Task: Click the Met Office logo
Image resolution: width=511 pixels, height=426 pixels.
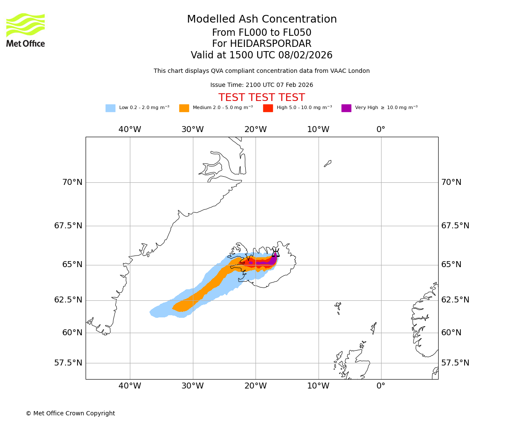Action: coord(26,30)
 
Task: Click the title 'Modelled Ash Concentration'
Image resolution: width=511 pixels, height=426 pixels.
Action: coord(262,20)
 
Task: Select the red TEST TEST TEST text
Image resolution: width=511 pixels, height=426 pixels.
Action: coord(261,98)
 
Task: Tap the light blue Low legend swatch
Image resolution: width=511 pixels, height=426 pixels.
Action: coord(110,108)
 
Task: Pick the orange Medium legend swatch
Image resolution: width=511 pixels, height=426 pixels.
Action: coord(184,108)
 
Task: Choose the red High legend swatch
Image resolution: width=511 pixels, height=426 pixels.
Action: coord(268,108)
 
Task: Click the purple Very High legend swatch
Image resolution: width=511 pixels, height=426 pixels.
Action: coord(346,108)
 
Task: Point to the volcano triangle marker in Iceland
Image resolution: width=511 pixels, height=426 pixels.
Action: coord(276,253)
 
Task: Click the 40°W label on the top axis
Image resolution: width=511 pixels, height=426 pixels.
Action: coord(130,130)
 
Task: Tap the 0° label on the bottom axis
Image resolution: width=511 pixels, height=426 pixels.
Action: coord(381,386)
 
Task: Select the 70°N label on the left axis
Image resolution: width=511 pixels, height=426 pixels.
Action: coord(72,182)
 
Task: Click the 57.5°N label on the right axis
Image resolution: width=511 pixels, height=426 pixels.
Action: coord(455,363)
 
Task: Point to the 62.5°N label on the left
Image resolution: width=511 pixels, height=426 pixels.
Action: coord(68,300)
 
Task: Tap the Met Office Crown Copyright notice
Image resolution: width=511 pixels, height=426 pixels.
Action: coord(70,414)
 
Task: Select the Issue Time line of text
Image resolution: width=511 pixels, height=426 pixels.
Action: coord(261,85)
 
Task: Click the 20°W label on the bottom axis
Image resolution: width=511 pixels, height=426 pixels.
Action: coord(255,386)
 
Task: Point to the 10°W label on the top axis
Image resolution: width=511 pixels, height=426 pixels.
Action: coord(318,130)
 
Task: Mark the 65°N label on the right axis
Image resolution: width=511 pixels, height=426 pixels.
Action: coord(451,265)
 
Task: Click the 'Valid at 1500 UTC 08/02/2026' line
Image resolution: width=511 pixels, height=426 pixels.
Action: coord(261,55)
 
